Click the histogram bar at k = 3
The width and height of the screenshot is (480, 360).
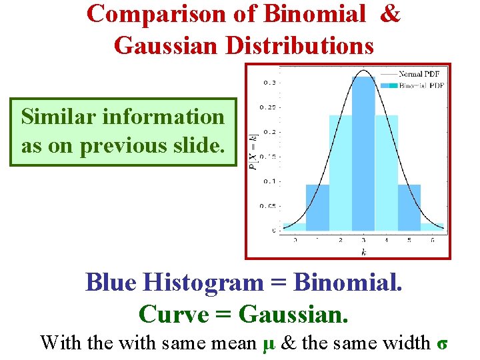pos(363,153)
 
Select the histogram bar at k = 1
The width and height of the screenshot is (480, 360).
pos(317,207)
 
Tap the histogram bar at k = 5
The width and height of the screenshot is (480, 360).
pos(409,207)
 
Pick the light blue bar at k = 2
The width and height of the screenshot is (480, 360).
pos(340,173)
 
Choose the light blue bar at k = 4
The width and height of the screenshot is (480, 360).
pos(387,173)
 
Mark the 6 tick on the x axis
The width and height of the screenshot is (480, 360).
pos(433,239)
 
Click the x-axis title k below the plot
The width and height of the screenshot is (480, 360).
pos(363,251)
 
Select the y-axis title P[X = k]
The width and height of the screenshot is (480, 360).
pos(254,153)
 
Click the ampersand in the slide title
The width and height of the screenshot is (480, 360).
pos(389,13)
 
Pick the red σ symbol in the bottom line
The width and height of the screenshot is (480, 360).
pos(441,343)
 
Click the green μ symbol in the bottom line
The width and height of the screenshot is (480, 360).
pos(269,343)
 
